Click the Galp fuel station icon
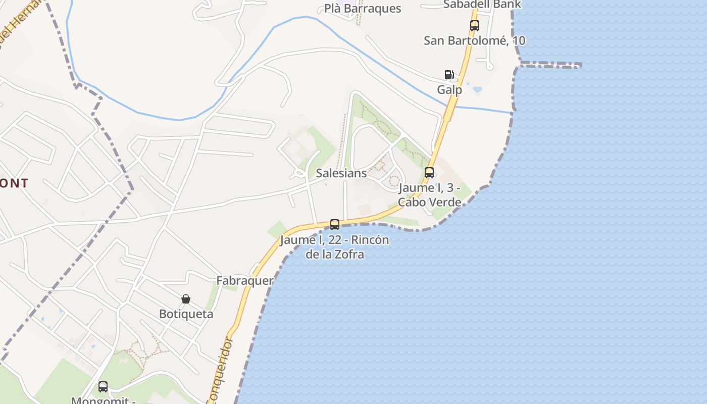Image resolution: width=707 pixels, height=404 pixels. (x=449, y=75)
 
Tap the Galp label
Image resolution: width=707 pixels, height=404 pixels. (x=449, y=90)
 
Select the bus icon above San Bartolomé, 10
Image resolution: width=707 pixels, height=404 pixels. (x=474, y=26)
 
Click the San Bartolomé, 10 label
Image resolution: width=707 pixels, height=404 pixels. (x=474, y=40)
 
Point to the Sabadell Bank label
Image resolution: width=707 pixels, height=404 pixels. (x=482, y=5)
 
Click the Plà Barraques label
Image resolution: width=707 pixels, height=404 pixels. (x=363, y=9)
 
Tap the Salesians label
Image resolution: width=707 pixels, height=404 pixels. (x=341, y=173)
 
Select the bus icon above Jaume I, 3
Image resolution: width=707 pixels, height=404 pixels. (x=429, y=173)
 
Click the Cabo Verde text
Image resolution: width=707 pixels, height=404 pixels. (x=429, y=203)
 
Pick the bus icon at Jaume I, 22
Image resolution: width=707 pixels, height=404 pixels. (x=334, y=225)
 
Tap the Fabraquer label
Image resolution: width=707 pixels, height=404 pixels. (x=245, y=281)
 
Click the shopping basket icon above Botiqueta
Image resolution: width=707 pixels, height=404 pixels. (x=186, y=299)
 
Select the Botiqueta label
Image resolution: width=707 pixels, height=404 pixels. (x=186, y=314)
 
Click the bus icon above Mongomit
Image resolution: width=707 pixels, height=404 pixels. (x=103, y=387)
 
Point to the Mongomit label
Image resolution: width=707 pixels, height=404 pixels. (x=103, y=400)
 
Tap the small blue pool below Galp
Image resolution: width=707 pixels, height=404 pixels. (x=477, y=89)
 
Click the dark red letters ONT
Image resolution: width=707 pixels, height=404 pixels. (x=14, y=183)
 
